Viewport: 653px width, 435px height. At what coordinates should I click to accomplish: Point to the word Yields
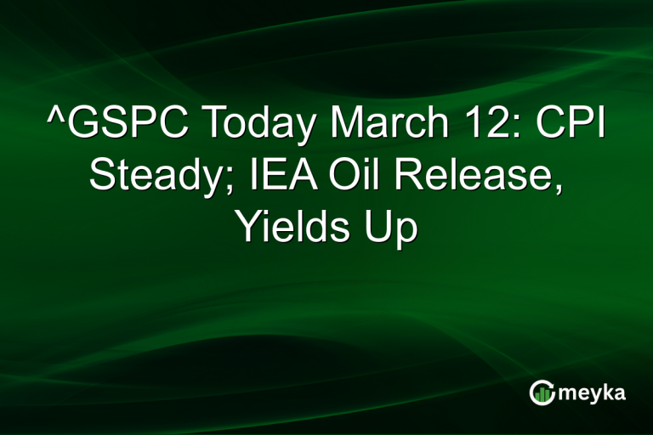(x=290, y=227)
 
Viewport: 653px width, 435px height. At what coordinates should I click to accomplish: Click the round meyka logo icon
(x=542, y=392)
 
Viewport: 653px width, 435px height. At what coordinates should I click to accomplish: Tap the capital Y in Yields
(x=247, y=225)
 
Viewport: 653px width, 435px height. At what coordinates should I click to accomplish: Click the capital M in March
(x=345, y=127)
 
